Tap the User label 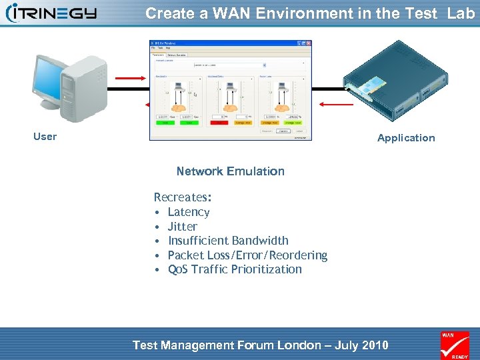[45, 137]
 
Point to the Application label [405, 138]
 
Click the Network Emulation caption [230, 171]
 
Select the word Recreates [181, 197]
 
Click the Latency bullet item [189, 212]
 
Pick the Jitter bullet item [182, 227]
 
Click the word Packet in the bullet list [185, 255]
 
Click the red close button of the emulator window [309, 43]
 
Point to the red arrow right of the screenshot [330, 103]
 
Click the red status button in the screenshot [217, 123]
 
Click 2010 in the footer [374, 345]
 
